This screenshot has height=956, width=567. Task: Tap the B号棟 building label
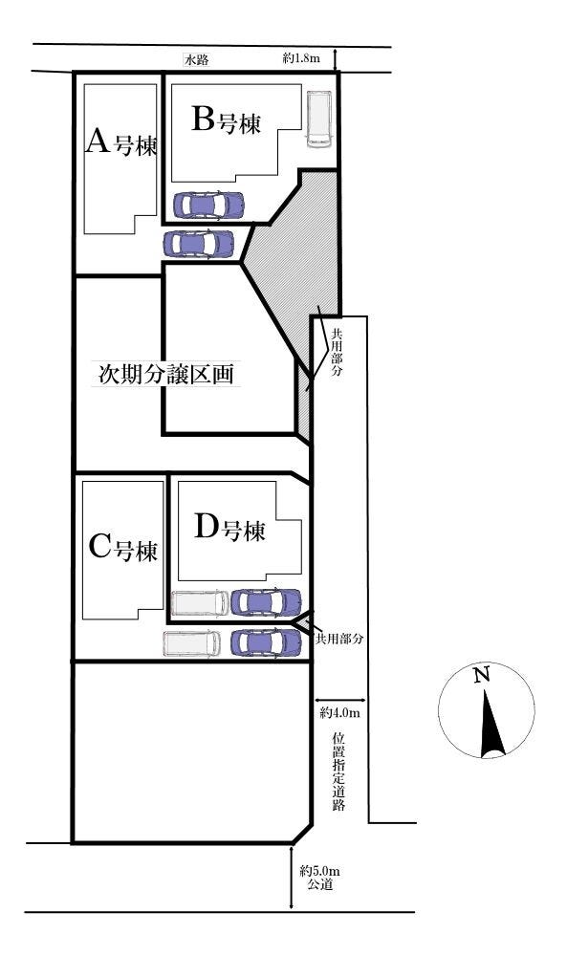click(x=227, y=120)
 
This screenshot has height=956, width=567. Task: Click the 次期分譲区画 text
click(x=166, y=374)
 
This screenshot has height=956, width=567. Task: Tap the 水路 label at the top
click(x=197, y=59)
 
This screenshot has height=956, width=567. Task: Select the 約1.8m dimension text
click(x=301, y=59)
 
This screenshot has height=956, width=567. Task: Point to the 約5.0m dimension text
click(x=319, y=871)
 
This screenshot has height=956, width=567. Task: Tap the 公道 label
click(x=319, y=886)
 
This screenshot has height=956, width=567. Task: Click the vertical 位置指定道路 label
click(x=338, y=771)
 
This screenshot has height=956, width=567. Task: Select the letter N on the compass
click(x=482, y=676)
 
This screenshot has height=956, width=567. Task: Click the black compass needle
click(x=491, y=726)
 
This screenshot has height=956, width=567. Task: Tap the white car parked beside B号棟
click(x=318, y=119)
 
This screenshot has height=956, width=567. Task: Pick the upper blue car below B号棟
click(x=208, y=205)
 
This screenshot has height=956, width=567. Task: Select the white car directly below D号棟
click(x=200, y=603)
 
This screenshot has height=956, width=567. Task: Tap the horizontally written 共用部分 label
click(x=341, y=636)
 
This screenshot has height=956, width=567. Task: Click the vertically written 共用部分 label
click(x=337, y=353)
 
